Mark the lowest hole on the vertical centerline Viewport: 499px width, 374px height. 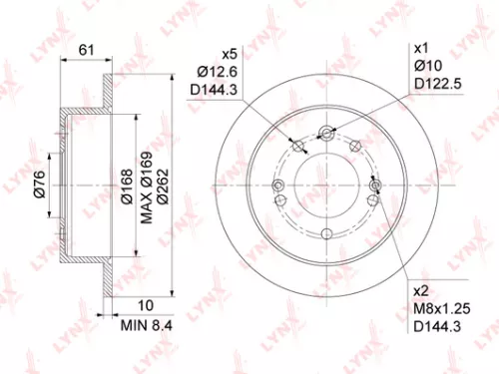click(328, 231)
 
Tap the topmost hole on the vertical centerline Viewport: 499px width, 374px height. click(328, 131)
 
